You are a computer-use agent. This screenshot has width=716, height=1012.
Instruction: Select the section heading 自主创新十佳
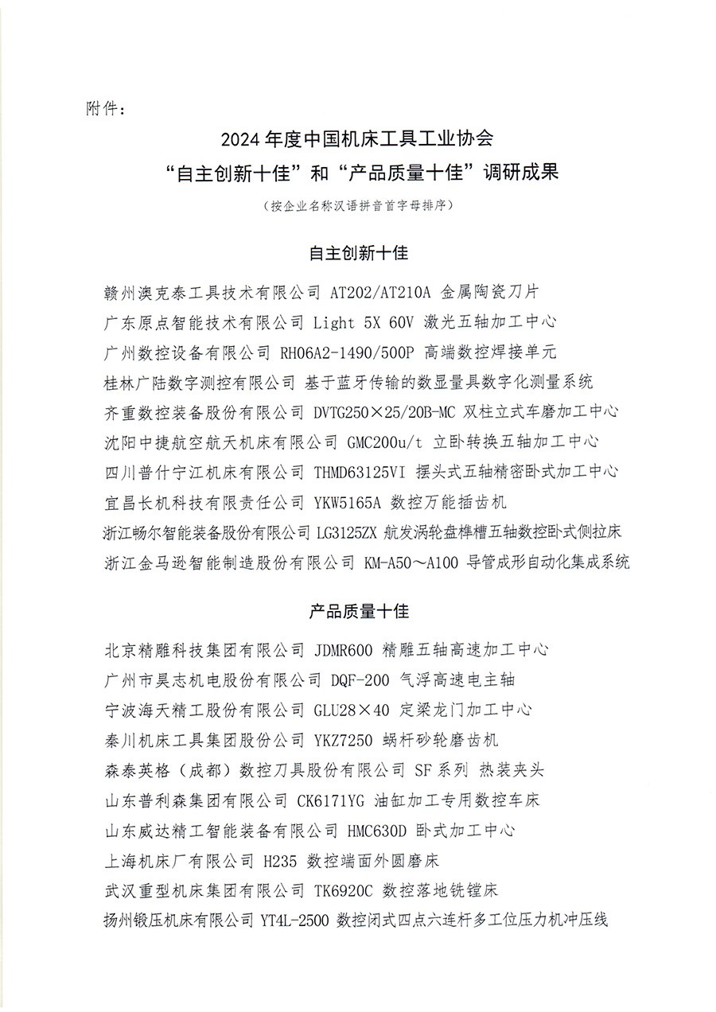point(358,254)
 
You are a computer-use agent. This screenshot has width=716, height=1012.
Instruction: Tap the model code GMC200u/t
point(388,442)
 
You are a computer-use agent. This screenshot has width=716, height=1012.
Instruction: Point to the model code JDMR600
point(340,650)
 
